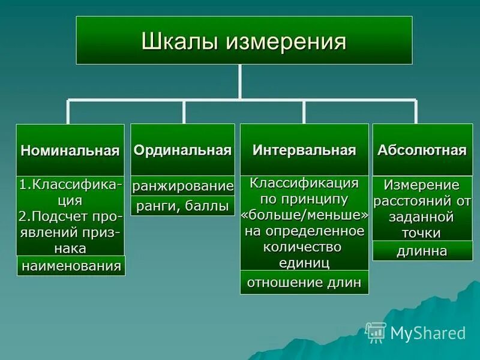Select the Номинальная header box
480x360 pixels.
pos(70,150)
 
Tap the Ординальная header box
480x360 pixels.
pos(182,150)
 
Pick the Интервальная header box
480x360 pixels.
pos(304,150)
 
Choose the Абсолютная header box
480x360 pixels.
pos(422,150)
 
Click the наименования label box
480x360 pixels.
pos(71,265)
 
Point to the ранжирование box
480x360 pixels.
pos(182,186)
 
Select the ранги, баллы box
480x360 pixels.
pos(182,206)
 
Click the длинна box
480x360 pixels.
pos(422,251)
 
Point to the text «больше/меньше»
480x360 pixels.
pos(304,215)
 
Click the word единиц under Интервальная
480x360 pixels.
pos(304,262)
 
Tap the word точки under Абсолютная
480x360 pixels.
pos(422,233)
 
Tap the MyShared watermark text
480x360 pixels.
pos(428,333)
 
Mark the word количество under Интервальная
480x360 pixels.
pos(304,247)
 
